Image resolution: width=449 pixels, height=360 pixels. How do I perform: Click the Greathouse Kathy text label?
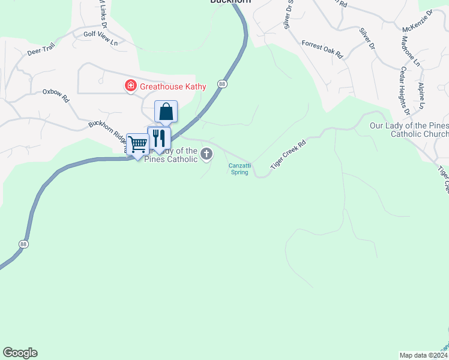[x=173, y=86]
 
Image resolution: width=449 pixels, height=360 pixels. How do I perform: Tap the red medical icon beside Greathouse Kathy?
[x=130, y=86]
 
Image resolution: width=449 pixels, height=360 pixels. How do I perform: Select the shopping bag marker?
[x=166, y=112]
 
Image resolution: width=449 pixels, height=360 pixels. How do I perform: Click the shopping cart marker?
[x=138, y=145]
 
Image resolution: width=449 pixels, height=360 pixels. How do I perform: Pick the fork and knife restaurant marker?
[x=159, y=139]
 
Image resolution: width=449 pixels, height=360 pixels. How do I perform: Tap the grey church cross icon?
[x=206, y=155]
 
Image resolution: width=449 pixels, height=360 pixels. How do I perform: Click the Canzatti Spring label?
[x=238, y=169]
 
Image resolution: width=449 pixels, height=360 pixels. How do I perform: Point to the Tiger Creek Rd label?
[x=289, y=153]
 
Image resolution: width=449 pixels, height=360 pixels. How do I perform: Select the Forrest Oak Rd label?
[x=322, y=49]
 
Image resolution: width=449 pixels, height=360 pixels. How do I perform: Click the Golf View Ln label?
[x=100, y=37]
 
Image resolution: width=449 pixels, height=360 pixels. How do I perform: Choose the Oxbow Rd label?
[x=56, y=96]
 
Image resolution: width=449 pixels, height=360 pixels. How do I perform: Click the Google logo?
[x=20, y=353]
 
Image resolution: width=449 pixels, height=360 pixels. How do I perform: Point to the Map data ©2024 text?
[x=424, y=355]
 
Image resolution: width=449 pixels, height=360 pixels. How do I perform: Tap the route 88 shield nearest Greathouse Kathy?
[x=223, y=84]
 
